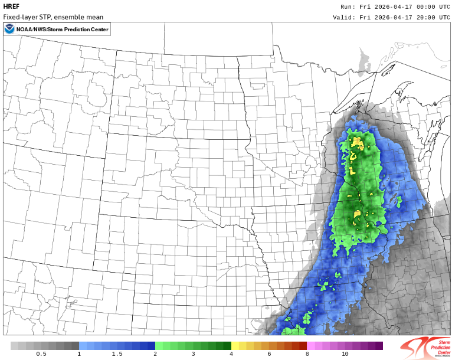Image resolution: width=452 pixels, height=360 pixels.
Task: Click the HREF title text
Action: point(11,6)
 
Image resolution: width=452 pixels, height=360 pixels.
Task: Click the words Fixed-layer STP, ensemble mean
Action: point(53,17)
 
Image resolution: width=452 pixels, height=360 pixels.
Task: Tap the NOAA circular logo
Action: point(10,30)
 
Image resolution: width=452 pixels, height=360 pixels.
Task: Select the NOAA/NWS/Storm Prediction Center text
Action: point(63,30)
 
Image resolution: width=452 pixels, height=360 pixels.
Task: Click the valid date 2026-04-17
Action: point(387,17)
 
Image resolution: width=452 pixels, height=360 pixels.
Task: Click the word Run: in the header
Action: point(348,6)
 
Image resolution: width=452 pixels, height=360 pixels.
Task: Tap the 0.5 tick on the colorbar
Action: point(41,354)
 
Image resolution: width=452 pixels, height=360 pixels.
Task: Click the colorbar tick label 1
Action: point(79,354)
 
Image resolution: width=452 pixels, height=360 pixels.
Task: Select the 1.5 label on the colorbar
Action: point(117,354)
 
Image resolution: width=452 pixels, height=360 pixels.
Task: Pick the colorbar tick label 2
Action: point(155,354)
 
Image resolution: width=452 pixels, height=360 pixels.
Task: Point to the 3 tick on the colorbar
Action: point(193,354)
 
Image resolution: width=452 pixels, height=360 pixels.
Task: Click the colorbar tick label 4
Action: point(231,354)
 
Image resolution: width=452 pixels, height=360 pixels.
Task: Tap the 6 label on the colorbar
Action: point(269,354)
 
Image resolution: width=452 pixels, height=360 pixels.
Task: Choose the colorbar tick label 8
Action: point(307,354)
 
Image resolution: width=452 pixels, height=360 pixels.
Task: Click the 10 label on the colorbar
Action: point(345,354)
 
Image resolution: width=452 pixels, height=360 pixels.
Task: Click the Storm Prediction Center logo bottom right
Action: point(424,347)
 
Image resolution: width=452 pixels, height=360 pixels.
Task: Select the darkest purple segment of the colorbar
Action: point(379,345)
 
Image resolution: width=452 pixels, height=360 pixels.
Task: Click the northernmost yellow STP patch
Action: point(356,142)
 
